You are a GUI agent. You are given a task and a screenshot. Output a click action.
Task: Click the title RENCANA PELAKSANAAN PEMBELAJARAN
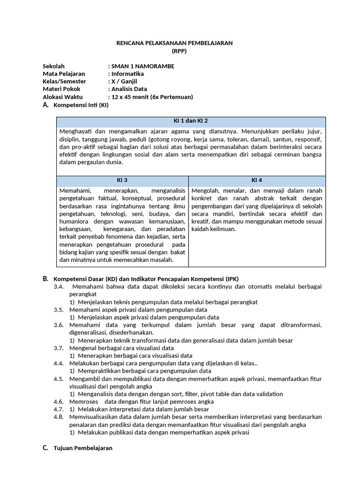coord(174,43)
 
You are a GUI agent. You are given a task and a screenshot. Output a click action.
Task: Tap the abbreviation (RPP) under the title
coord(174,51)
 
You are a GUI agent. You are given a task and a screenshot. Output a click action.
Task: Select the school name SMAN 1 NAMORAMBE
coord(142,66)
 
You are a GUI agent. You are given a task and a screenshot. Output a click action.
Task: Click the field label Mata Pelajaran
coord(64,74)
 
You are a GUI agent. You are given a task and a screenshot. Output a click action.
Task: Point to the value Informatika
coord(127,74)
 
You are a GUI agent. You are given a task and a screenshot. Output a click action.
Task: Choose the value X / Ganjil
coord(124,81)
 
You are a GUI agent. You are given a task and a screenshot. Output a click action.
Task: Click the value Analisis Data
coord(129,89)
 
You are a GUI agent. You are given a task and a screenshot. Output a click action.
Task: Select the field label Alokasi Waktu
coord(63,97)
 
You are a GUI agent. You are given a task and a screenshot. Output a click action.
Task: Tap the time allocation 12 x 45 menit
coord(133,97)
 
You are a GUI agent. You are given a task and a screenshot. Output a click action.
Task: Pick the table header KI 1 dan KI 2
coord(191,121)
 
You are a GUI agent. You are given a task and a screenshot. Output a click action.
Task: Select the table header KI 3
coord(122,180)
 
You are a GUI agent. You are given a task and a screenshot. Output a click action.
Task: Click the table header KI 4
coord(257,180)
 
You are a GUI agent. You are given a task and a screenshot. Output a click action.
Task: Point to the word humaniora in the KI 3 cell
coord(74,221)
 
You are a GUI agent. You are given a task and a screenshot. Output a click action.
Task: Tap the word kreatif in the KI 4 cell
coord(202,221)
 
